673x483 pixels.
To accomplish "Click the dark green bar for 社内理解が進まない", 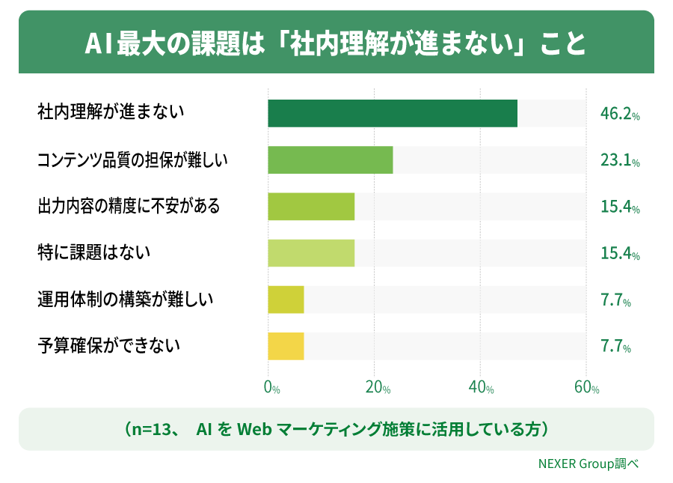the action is [x=393, y=113].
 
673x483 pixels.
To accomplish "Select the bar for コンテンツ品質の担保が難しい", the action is [x=331, y=160].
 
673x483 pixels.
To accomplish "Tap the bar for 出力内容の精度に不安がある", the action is [x=311, y=206].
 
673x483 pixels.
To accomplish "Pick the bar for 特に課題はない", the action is [x=311, y=253].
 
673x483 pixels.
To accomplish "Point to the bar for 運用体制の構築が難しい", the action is [x=286, y=300].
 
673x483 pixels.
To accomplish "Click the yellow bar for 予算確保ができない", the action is [x=286, y=346].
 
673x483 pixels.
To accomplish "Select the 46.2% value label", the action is [x=620, y=114].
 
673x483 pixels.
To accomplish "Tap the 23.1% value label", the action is [x=620, y=160].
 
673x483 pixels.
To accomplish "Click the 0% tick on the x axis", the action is [x=271, y=388].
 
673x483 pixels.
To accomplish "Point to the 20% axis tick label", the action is [x=378, y=388].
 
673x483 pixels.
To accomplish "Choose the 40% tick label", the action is [x=481, y=388].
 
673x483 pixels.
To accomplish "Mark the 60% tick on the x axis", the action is [x=587, y=388].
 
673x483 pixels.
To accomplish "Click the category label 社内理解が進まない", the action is [x=111, y=112].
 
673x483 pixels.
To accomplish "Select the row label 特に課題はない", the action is [x=94, y=252].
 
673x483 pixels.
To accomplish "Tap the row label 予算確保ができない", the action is [x=108, y=345].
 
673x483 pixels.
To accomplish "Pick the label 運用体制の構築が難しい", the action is [x=126, y=299].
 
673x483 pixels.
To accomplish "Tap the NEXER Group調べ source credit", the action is [x=589, y=464].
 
